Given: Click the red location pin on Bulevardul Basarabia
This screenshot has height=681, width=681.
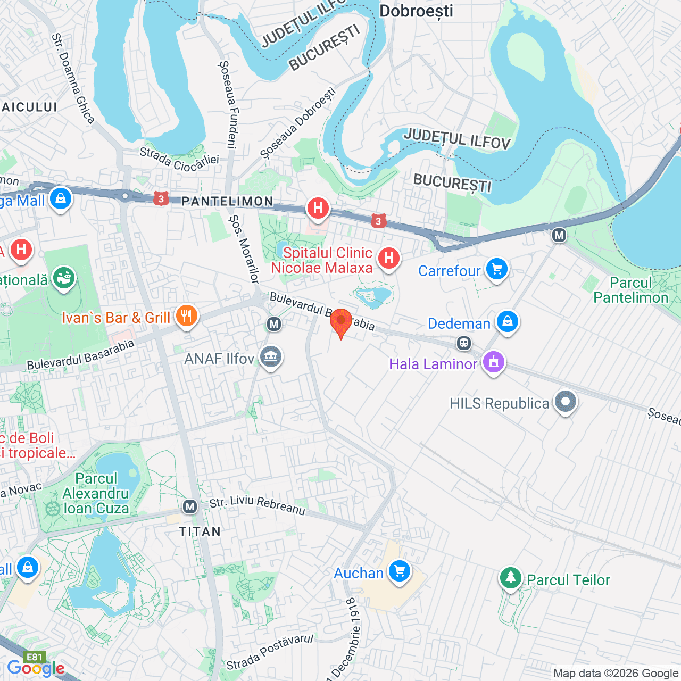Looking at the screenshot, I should tap(341, 321).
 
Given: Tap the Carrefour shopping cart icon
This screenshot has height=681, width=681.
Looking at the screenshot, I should tap(497, 269).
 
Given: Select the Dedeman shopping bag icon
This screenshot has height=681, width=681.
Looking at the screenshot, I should tap(508, 322).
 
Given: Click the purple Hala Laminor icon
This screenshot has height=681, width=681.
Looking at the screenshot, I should tap(493, 362).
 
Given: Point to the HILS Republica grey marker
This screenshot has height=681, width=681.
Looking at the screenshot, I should tap(565, 402).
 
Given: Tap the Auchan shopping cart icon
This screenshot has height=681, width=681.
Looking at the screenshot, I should tap(400, 572).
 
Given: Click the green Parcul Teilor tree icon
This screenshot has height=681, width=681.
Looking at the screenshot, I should tap(511, 578).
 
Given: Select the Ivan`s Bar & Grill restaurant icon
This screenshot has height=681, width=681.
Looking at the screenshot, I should tap(186, 317).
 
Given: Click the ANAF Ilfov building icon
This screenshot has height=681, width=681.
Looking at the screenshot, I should tap(271, 357).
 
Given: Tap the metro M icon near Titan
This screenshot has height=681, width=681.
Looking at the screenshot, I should tap(190, 506).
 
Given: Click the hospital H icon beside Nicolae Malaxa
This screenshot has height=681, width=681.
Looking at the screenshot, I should tap(389, 259).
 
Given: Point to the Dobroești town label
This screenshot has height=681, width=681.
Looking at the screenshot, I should tap(416, 11).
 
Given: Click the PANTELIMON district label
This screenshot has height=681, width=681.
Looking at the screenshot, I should tap(228, 201).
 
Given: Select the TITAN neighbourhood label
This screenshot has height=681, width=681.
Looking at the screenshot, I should tap(200, 531).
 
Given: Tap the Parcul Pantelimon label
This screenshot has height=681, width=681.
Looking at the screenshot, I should tap(630, 290).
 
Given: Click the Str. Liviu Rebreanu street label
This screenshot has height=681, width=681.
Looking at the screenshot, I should tap(257, 505).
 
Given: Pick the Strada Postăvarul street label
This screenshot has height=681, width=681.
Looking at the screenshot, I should tap(270, 652).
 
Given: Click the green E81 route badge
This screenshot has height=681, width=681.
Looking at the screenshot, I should tap(35, 657).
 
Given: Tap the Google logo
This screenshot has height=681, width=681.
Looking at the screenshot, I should tap(36, 668).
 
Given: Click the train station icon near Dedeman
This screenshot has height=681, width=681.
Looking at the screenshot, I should tap(464, 343).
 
